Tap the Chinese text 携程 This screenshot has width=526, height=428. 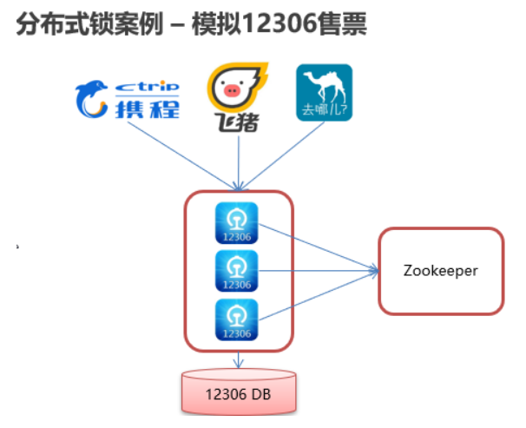[148, 108]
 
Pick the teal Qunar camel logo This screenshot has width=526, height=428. [324, 91]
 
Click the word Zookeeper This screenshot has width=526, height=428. [441, 270]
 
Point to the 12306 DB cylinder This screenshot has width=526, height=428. [238, 392]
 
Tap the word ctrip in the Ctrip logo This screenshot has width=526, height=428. [148, 85]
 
